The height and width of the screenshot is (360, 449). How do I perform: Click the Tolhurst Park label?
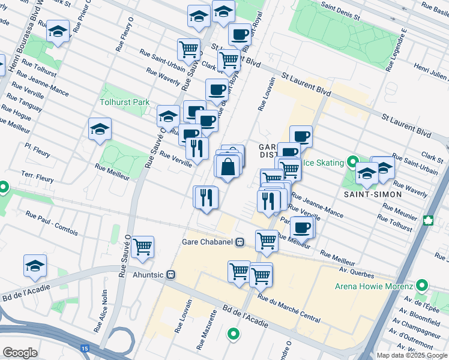pos(125,102)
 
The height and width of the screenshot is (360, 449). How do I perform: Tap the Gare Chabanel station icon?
pos(240,242)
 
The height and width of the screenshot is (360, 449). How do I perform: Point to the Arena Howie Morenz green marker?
pos(422,286)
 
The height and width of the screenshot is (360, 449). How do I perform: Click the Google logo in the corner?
pos(20,352)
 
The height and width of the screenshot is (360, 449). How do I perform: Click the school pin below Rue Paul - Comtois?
pos(35,265)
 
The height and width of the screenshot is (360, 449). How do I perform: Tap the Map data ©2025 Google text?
pos(411,355)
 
